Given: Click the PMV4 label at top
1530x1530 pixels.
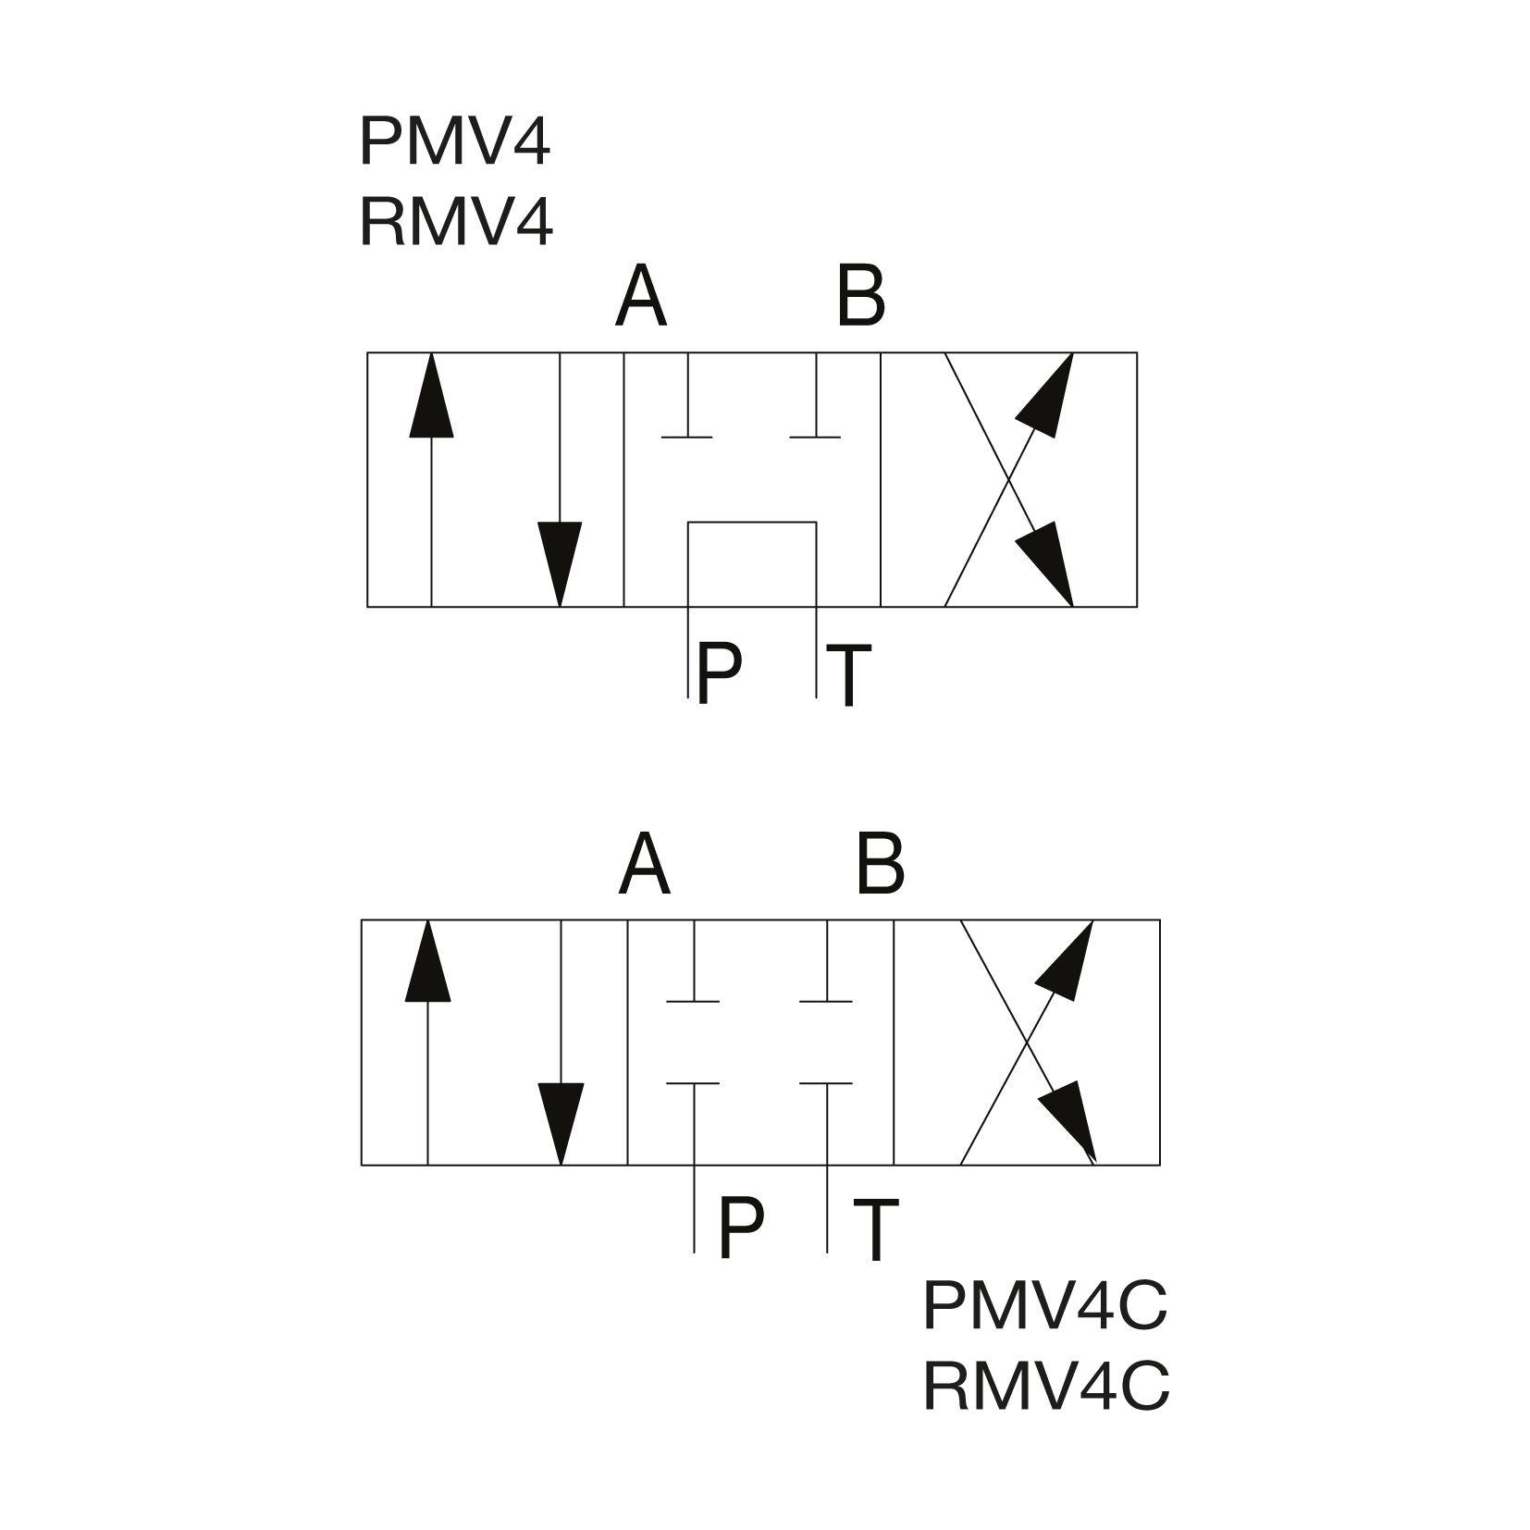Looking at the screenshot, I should [x=454, y=142].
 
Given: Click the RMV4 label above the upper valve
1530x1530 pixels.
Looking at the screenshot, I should [x=455, y=222].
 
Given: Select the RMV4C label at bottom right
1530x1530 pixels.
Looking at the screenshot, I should [x=1046, y=1386].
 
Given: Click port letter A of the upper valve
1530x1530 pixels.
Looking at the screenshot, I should [x=640, y=297].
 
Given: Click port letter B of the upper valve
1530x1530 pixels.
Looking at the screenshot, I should [x=860, y=297].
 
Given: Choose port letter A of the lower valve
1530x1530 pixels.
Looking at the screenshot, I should [x=644, y=864].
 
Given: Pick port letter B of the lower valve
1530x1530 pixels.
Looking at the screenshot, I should [x=880, y=864].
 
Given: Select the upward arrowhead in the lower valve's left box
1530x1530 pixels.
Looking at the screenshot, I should [x=427, y=962].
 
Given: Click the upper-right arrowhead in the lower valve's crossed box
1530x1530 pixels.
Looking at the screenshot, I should [x=1069, y=962].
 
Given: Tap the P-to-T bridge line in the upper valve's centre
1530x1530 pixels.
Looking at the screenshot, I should [x=752, y=523].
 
